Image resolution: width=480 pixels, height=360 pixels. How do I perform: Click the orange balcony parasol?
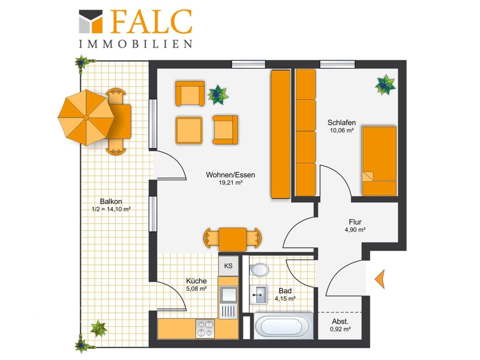click(86, 118)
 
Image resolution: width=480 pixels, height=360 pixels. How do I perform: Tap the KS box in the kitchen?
click(228, 266)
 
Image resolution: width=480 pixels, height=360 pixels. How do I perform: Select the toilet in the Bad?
click(259, 270)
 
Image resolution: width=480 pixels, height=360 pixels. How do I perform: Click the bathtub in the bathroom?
click(284, 326)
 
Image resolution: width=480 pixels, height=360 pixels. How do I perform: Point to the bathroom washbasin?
click(258, 295)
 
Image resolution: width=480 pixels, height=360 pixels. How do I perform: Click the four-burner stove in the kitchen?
click(205, 328)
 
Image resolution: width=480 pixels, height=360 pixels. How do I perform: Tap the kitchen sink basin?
click(228, 294)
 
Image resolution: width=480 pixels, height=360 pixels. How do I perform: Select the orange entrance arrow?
click(380, 279)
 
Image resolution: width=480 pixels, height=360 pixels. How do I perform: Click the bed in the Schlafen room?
click(379, 161)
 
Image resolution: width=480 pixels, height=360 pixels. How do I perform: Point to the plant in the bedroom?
click(385, 84)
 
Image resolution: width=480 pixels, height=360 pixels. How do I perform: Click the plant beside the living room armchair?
click(218, 95)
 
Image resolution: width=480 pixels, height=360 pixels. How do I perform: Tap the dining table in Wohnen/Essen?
click(232, 239)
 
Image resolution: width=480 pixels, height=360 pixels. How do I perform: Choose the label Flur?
click(355, 222)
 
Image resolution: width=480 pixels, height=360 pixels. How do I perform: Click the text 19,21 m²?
click(231, 182)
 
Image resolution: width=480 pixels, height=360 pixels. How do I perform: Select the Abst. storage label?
click(340, 322)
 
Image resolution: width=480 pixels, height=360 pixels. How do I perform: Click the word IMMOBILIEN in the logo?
click(135, 44)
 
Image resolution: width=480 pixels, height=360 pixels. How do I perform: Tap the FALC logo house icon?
click(90, 22)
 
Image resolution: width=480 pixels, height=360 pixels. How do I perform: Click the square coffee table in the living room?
click(189, 130)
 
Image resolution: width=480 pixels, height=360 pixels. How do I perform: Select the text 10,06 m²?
click(342, 130)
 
